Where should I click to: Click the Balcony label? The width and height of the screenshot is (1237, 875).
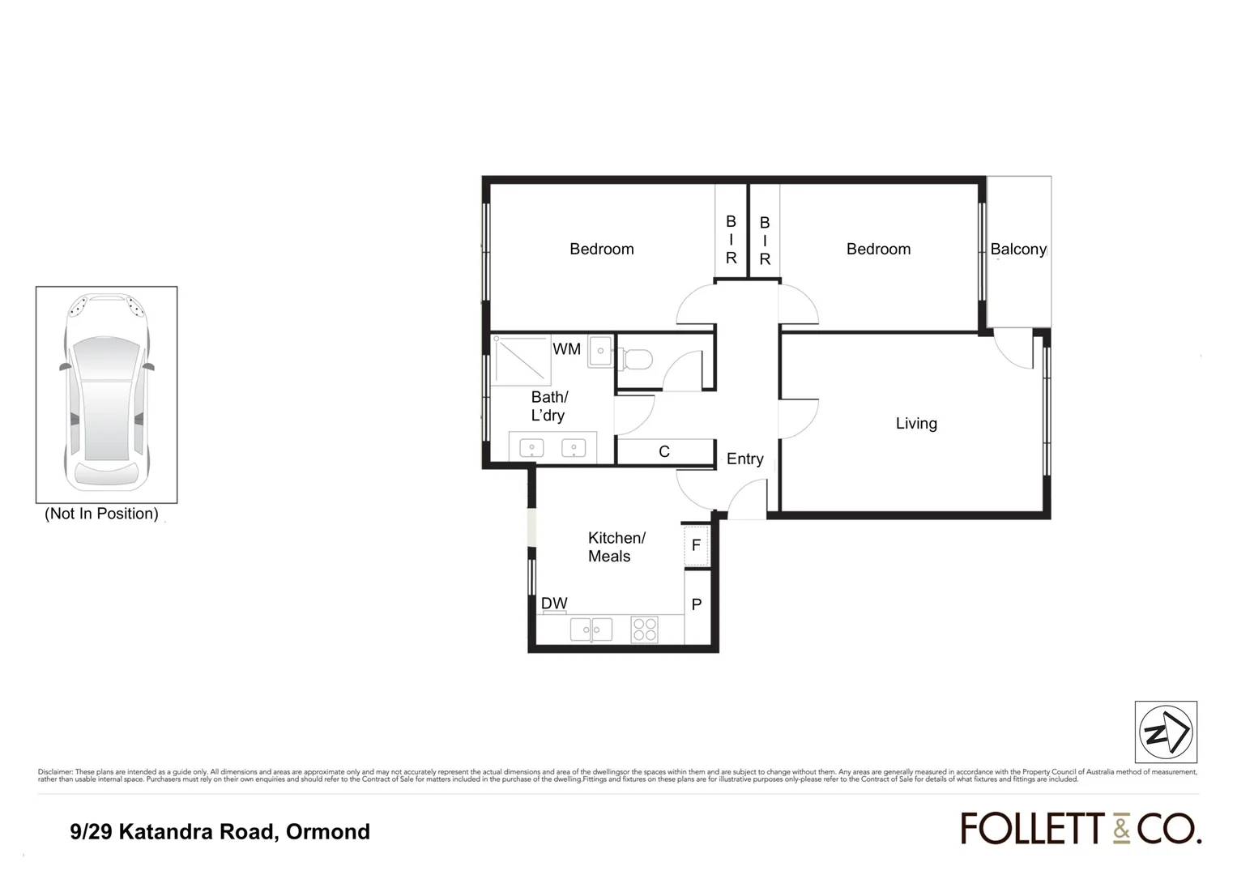tap(1017, 250)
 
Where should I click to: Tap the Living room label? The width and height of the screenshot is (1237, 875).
tap(916, 423)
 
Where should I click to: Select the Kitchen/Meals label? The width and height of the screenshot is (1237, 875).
tap(616, 547)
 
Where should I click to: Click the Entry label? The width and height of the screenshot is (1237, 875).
tap(744, 459)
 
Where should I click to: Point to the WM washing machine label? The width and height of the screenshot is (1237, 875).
tap(566, 349)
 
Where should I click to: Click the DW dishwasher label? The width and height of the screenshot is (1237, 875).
tap(554, 604)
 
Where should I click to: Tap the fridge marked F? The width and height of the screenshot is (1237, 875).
tap(696, 545)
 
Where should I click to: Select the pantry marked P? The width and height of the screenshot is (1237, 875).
tap(696, 604)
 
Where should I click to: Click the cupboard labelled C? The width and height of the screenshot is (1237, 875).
tap(664, 452)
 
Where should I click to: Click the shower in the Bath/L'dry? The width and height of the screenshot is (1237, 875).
tap(521, 360)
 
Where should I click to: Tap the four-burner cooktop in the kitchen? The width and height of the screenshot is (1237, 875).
tap(645, 630)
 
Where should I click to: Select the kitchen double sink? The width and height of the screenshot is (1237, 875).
tap(591, 629)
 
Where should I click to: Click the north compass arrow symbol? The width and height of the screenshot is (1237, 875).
tap(1166, 732)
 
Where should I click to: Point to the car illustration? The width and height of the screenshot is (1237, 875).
tap(106, 394)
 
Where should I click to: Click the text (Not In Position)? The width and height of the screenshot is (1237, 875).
tap(101, 514)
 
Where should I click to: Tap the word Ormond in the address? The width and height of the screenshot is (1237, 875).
tap(328, 832)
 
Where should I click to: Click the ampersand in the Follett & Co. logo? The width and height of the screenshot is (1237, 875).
tap(1120, 829)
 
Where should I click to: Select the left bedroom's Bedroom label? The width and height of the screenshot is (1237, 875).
tap(601, 250)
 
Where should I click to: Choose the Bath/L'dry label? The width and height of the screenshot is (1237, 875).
tap(548, 406)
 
